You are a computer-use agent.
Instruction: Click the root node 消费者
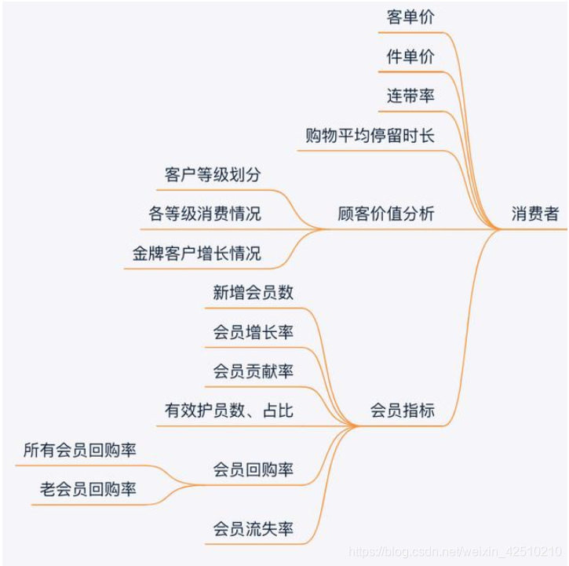[x=534, y=214]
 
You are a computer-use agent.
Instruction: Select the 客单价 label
[x=410, y=17]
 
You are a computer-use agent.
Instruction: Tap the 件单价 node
[x=410, y=57]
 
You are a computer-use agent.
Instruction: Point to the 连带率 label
[x=410, y=97]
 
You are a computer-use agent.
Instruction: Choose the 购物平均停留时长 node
[x=370, y=136]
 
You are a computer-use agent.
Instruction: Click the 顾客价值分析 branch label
[x=385, y=214]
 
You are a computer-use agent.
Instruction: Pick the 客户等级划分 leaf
[x=212, y=175]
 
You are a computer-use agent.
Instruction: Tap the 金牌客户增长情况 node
[x=196, y=254]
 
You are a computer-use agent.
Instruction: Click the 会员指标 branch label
[x=402, y=411]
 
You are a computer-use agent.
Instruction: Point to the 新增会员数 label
[x=253, y=293]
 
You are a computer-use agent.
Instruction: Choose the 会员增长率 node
[x=253, y=332]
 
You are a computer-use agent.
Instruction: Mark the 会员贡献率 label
[x=253, y=371]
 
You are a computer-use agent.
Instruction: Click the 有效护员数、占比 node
[x=228, y=411]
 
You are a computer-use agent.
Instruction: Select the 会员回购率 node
[x=253, y=469]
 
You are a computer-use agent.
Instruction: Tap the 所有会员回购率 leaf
[x=79, y=450]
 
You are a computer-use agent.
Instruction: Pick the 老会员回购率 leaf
[x=88, y=489]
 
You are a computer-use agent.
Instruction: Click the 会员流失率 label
[x=253, y=528]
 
